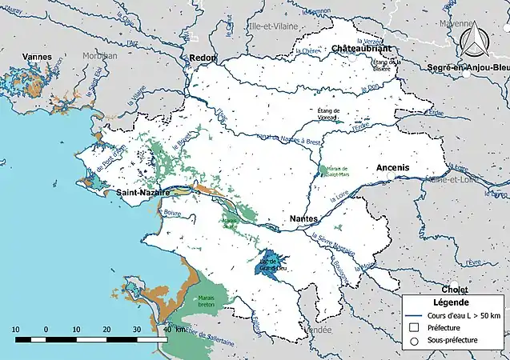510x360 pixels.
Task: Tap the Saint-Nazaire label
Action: tap(142, 193)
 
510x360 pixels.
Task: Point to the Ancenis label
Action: tap(392, 166)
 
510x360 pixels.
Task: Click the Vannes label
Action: tap(37, 57)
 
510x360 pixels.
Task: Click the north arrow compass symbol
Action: tap(479, 35)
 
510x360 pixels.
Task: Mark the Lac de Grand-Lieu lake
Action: tap(269, 265)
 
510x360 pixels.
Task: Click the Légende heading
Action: tap(452, 302)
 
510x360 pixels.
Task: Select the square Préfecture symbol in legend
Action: tap(414, 327)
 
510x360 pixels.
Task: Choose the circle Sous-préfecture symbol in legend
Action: tap(414, 341)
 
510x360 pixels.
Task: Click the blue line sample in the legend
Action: tap(414, 314)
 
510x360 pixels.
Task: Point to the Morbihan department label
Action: tap(101, 57)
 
